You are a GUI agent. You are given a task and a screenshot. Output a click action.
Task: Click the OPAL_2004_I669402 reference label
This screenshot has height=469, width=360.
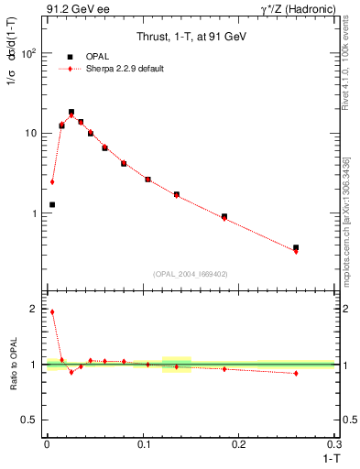[x=191, y=273]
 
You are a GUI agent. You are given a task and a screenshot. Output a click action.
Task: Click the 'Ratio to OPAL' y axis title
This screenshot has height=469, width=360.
[x=13, y=365]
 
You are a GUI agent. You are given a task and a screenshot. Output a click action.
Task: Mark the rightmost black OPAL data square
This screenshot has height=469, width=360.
[x=296, y=247]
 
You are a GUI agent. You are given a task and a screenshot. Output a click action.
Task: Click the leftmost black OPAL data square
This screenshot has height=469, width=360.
[x=52, y=204]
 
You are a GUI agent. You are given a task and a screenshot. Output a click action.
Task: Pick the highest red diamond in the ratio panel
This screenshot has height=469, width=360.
[x=52, y=311]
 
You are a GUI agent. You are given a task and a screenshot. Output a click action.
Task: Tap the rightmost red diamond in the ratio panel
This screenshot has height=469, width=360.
[x=296, y=373]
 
